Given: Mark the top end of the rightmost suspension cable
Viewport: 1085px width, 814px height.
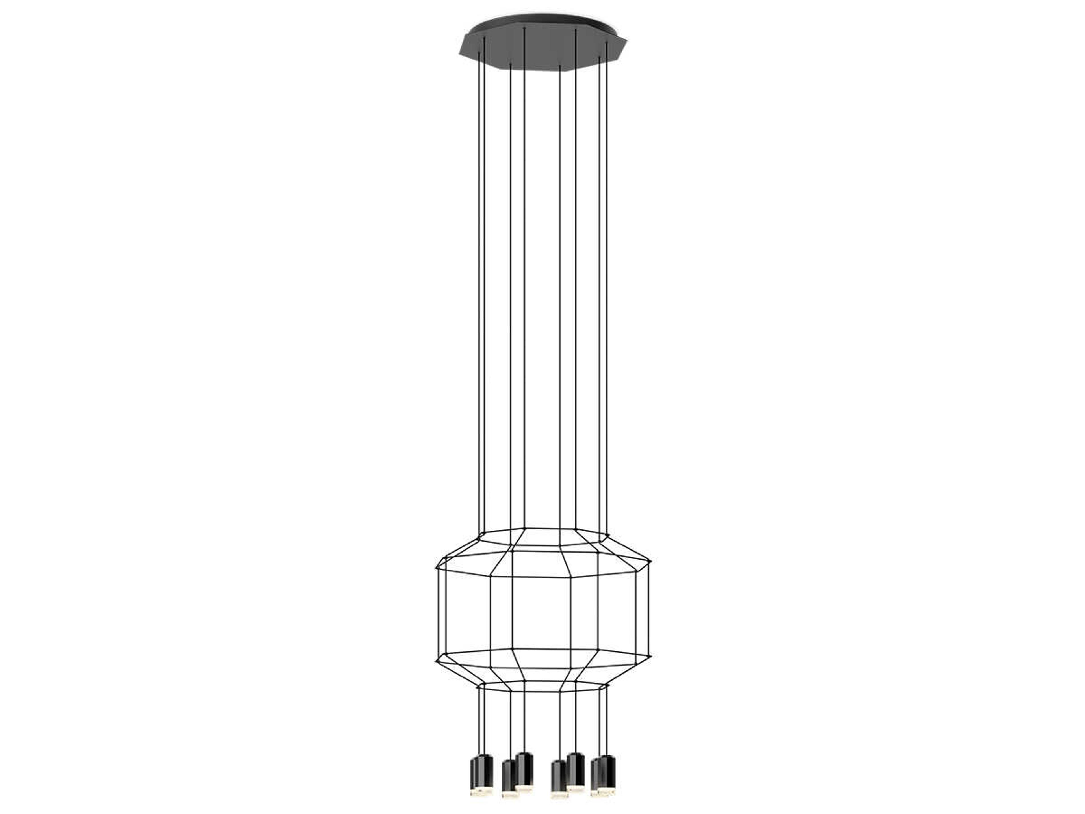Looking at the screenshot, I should pyautogui.click(x=607, y=42).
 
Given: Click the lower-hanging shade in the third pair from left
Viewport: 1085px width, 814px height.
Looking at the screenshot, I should pyautogui.click(x=559, y=780).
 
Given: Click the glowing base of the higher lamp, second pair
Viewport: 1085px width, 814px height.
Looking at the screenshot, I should pyautogui.click(x=524, y=787).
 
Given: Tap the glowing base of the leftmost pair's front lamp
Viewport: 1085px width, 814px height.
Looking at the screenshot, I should pyautogui.click(x=485, y=791).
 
